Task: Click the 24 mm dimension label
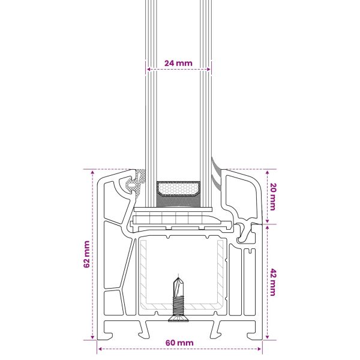[x=178, y=63]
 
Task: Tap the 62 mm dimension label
[x=86, y=254]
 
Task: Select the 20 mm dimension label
[x=273, y=197]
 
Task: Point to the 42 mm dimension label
[x=273, y=283]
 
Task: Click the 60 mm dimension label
[x=179, y=343]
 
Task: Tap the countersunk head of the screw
[x=178, y=319]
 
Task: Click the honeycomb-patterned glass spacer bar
[x=178, y=189]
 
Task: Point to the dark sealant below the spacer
[x=178, y=202]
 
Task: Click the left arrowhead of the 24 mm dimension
[x=148, y=69]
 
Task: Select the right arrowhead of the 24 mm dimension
[x=208, y=69]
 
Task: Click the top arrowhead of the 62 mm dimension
[x=92, y=172]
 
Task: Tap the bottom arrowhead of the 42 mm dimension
[x=267, y=337]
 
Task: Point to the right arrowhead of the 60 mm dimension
[x=259, y=349]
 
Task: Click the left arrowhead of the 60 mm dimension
[x=100, y=349]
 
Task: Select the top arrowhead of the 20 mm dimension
[x=267, y=172]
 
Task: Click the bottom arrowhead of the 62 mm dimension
[x=92, y=337]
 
